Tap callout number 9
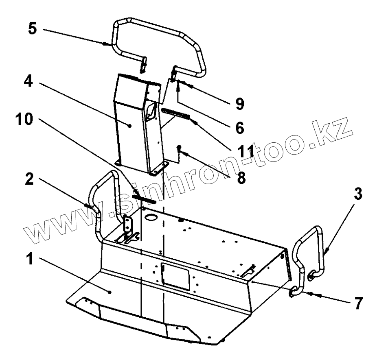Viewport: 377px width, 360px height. (240, 103)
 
